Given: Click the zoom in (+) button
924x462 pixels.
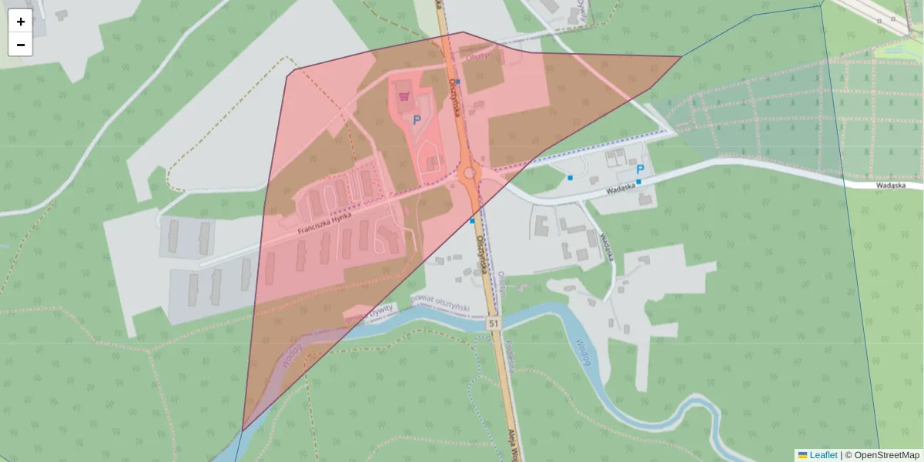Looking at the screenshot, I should point(21,22).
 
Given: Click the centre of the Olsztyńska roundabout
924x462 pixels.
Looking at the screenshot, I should point(469,173).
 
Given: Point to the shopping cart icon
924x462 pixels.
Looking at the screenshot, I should point(404,97).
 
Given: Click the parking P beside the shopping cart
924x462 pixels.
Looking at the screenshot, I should point(417,120).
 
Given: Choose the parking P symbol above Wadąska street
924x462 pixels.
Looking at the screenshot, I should point(640,169).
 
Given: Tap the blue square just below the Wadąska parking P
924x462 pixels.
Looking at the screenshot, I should point(638,182).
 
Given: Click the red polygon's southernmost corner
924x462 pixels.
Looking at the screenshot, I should point(243,430).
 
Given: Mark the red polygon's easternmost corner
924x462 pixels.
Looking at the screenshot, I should point(681,56).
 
